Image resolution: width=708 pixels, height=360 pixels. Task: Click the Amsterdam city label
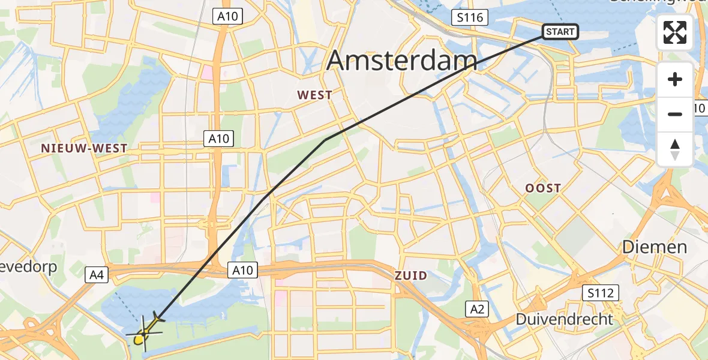point(402,61)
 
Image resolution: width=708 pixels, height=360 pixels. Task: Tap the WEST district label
point(314,95)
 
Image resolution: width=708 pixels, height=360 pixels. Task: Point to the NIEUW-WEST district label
point(84,148)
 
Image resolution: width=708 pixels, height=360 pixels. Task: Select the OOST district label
point(543,188)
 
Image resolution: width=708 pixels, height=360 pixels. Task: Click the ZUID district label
point(411,275)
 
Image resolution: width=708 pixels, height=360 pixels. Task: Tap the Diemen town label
point(654,247)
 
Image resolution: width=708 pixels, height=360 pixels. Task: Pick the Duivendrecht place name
point(565,319)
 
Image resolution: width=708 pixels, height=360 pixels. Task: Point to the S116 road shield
point(470,17)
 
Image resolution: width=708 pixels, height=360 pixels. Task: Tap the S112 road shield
point(600,293)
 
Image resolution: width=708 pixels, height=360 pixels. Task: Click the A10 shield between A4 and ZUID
point(242,271)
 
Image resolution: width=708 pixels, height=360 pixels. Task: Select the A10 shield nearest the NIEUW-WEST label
point(218,139)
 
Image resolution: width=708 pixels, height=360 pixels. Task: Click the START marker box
point(560,32)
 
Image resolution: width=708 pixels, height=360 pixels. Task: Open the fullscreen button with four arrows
point(675,32)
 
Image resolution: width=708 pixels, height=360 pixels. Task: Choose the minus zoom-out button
point(675,114)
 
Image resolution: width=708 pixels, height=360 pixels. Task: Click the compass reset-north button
point(675,149)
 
